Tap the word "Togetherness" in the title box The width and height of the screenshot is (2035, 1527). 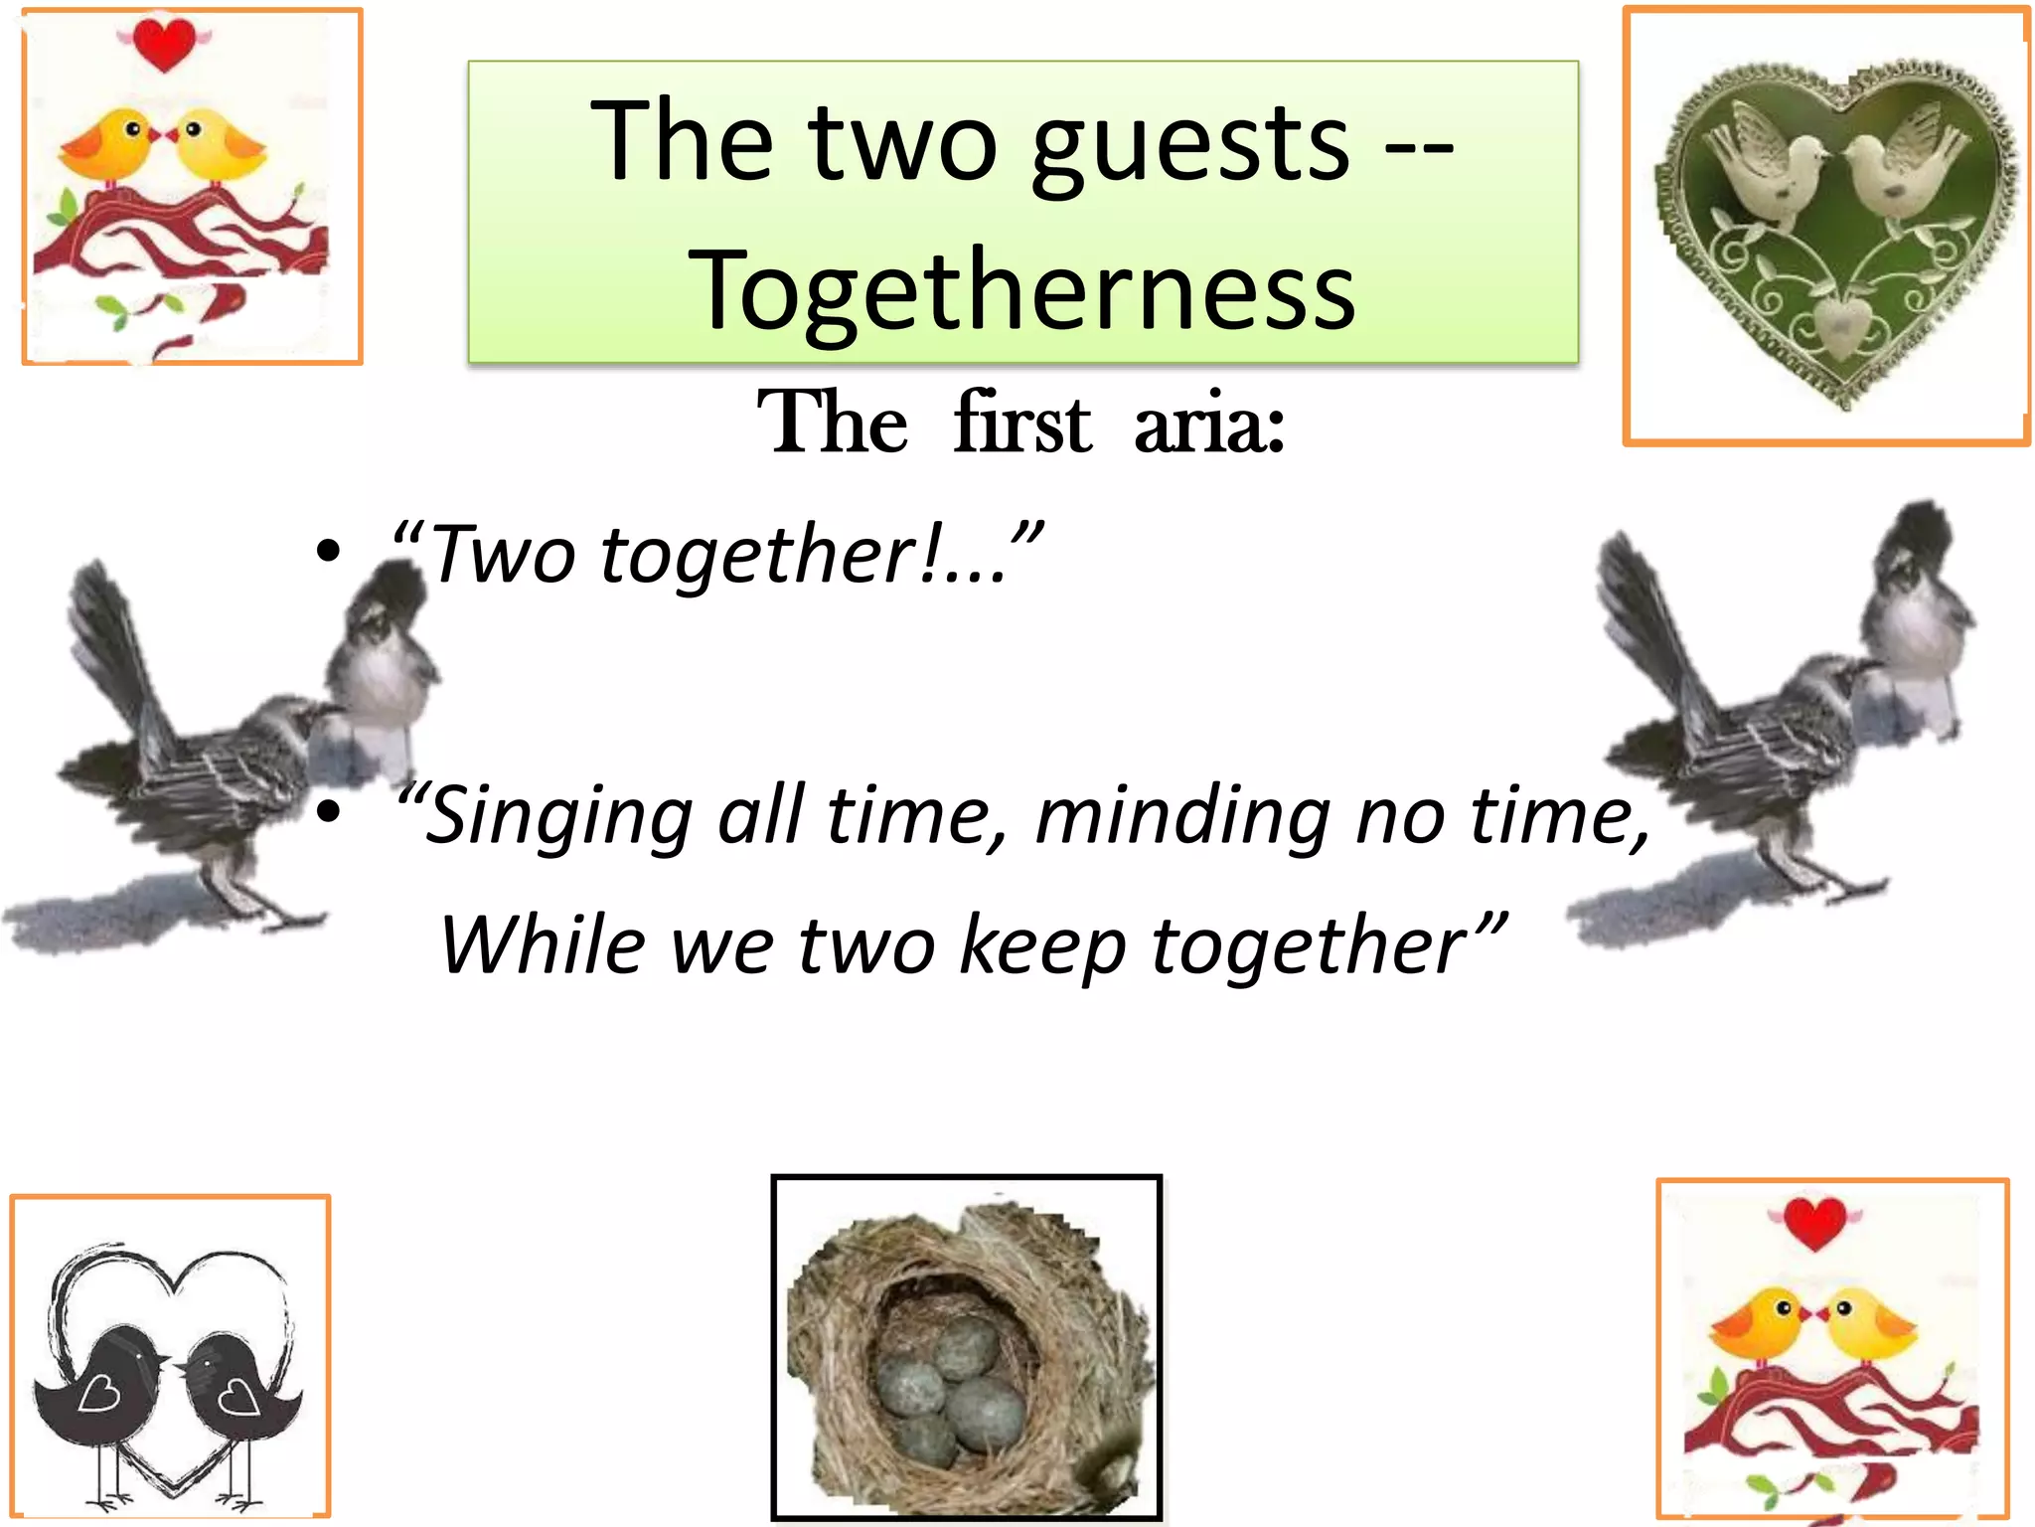1022,290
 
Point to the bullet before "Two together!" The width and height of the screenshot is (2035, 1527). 329,552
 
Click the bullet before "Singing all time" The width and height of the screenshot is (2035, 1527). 329,813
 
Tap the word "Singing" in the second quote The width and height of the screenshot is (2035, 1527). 556,815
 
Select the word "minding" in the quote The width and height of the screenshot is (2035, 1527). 1181,815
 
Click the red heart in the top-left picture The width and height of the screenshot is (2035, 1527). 164,44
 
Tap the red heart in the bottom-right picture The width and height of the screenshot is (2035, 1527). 1814,1223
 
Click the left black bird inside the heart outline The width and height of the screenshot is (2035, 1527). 99,1382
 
